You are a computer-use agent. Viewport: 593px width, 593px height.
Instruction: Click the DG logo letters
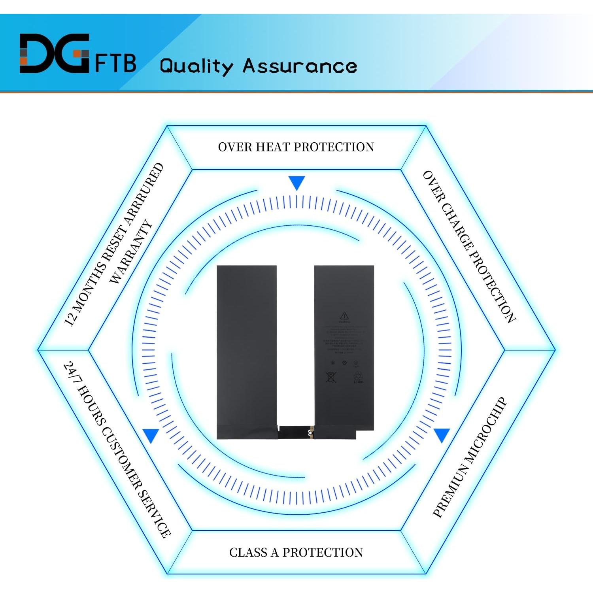tap(54, 53)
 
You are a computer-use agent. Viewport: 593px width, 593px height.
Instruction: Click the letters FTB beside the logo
tap(115, 63)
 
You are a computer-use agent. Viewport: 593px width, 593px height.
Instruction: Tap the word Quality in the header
tap(196, 66)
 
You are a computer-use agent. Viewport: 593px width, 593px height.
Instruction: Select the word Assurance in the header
tap(300, 66)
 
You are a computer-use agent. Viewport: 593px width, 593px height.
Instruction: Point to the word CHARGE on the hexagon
tap(457, 227)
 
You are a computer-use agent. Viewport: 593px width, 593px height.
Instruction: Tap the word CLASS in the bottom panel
tap(248, 552)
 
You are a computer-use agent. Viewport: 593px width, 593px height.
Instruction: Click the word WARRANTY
tap(131, 252)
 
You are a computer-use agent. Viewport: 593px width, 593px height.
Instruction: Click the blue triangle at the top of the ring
tap(296, 183)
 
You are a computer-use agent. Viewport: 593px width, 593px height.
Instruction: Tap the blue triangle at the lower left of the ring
tap(151, 435)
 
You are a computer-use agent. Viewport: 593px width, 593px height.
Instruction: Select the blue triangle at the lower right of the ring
tap(442, 435)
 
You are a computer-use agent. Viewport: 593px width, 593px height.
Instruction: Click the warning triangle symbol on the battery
tap(344, 315)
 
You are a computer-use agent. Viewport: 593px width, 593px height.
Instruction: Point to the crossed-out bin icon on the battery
tap(330, 377)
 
